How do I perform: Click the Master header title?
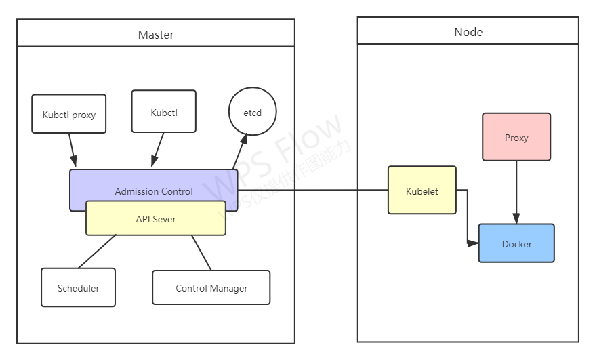[156, 34]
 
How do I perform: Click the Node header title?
[468, 32]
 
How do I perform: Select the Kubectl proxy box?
[68, 114]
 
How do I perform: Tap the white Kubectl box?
[163, 111]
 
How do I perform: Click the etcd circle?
[252, 112]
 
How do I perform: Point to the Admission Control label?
[154, 191]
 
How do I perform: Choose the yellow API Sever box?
[155, 218]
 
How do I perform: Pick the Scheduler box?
[78, 287]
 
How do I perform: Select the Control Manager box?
[211, 287]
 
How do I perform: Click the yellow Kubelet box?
[422, 191]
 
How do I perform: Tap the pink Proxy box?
[516, 137]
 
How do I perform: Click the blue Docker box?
[516, 243]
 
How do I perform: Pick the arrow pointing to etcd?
[239, 151]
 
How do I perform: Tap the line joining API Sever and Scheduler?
[97, 252]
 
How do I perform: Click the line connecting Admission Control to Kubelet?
[312, 191]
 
